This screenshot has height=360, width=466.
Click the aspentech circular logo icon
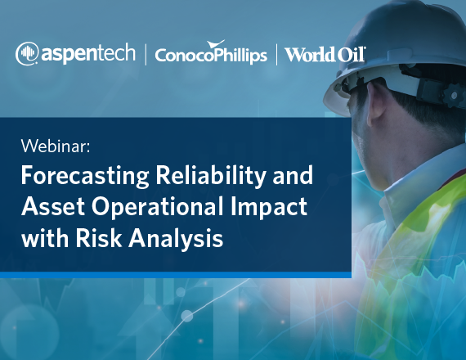pyautogui.click(x=27, y=53)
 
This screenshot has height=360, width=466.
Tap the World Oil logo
pyautogui.click(x=325, y=55)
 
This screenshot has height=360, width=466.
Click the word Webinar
pyautogui.click(x=56, y=146)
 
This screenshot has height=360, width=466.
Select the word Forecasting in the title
pyautogui.click(x=85, y=177)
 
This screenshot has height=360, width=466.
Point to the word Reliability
pyautogui.click(x=211, y=177)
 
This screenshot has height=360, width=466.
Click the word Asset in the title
pyautogui.click(x=53, y=206)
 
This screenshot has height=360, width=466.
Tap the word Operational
pyautogui.click(x=158, y=207)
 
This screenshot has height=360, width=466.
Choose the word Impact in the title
pyautogui.click(x=269, y=207)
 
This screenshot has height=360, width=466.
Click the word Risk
pyautogui.click(x=99, y=238)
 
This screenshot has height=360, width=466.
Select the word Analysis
pyautogui.click(x=176, y=239)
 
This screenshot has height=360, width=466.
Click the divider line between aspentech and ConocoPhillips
pyautogui.click(x=146, y=55)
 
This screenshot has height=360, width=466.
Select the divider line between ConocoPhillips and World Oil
pyautogui.click(x=276, y=55)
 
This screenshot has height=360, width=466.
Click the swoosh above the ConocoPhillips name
pyautogui.click(x=216, y=44)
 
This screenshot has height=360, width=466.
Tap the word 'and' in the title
pyautogui.click(x=293, y=176)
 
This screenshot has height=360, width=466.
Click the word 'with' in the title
pyautogui.click(x=45, y=238)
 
